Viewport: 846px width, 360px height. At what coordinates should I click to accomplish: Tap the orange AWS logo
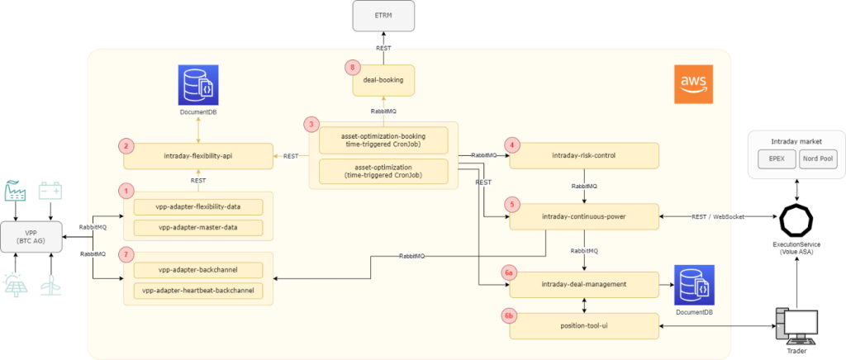coord(692,85)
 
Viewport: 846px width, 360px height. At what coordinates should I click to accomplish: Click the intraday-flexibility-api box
coord(198,155)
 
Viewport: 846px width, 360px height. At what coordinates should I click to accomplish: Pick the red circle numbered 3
coord(311,125)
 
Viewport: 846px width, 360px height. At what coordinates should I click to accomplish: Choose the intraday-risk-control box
coord(584,155)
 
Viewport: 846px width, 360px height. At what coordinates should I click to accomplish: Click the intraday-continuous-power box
coord(584,216)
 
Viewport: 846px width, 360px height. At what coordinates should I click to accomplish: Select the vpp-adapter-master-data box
coord(197,226)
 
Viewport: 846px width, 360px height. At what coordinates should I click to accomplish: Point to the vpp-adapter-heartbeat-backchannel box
coord(197,290)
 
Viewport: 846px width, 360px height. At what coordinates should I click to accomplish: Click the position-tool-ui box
coord(584,325)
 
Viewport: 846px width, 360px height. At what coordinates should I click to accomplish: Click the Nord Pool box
coord(817,159)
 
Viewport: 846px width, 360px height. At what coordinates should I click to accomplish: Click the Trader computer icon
coord(796,327)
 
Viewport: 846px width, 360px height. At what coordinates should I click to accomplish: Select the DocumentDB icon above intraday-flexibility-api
coord(197,87)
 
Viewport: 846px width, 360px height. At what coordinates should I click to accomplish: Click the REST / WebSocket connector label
coord(715,216)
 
